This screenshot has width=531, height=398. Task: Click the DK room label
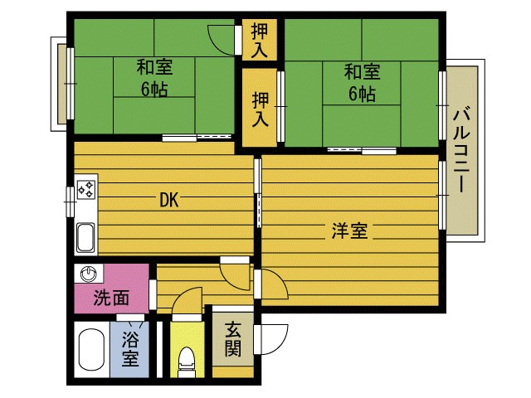[169, 200]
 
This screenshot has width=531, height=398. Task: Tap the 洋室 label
[349, 231]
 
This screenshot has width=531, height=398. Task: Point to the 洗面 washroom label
[111, 298]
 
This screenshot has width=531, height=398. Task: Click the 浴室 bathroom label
[130, 349]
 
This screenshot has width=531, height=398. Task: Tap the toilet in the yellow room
[187, 362]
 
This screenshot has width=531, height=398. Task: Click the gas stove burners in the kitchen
[86, 189]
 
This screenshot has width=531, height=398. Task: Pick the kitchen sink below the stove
[85, 238]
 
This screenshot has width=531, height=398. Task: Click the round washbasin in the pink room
[89, 274]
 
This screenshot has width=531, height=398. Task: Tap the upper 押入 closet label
[260, 41]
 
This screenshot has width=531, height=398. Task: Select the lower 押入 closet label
[260, 109]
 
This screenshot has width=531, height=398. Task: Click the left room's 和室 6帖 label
[154, 77]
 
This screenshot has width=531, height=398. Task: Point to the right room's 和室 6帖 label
[363, 83]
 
